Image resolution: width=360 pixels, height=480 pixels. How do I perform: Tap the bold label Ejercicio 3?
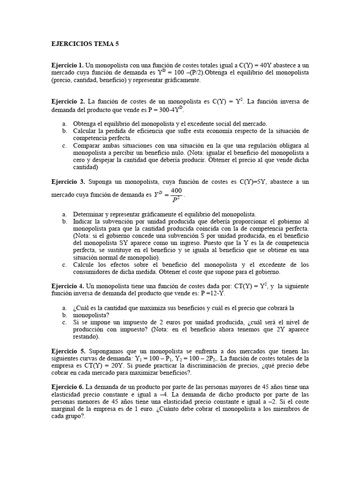(67, 181)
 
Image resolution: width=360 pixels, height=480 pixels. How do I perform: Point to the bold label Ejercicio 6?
(67, 387)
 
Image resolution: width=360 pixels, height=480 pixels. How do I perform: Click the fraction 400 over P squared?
(176, 194)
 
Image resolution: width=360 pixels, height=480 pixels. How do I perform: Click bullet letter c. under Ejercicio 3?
(64, 265)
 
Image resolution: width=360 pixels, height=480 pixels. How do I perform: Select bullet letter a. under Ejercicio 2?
(64, 123)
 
